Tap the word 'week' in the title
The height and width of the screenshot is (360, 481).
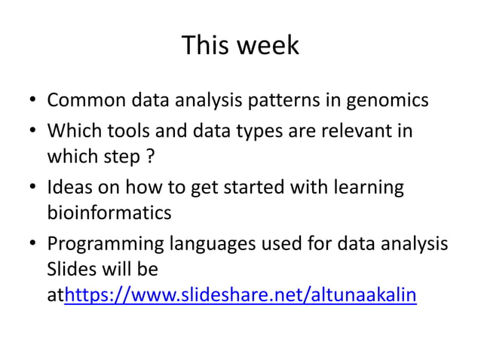[268, 46]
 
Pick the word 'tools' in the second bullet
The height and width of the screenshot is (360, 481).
[132, 131]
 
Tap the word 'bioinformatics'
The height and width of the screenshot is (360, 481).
[109, 213]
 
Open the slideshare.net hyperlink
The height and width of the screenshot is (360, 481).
[240, 296]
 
